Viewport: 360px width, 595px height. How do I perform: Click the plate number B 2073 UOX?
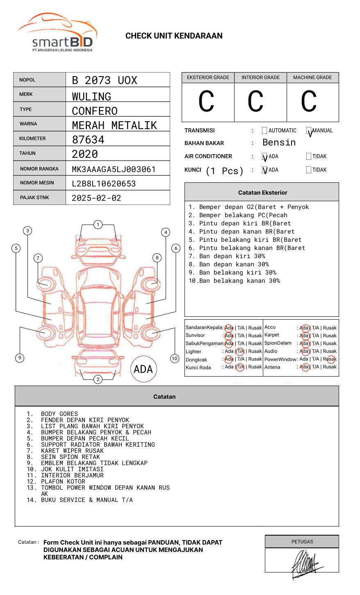105,80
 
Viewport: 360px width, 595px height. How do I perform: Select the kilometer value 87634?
88,140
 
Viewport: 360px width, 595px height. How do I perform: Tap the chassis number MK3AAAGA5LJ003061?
114,169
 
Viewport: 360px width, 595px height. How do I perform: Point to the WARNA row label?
28,124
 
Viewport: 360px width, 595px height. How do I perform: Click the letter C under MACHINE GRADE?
309,102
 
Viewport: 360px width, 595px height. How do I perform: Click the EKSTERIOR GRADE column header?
207,77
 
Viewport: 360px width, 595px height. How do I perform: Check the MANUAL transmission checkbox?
309,131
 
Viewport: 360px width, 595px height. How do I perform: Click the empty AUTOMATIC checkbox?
264,131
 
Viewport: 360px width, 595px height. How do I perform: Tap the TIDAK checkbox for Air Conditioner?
309,157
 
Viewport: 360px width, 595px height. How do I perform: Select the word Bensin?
279,143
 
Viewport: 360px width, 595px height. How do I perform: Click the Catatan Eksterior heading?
262,193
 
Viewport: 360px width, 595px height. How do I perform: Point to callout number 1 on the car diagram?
98,225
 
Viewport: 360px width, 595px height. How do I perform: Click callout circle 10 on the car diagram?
175,359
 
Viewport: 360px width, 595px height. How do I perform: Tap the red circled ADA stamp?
143,369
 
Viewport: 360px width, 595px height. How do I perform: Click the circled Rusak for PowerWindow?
330,359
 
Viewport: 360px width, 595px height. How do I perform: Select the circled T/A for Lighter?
240,351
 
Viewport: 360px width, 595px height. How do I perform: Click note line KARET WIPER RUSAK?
72,451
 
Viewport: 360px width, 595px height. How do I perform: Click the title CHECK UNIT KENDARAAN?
174,36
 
